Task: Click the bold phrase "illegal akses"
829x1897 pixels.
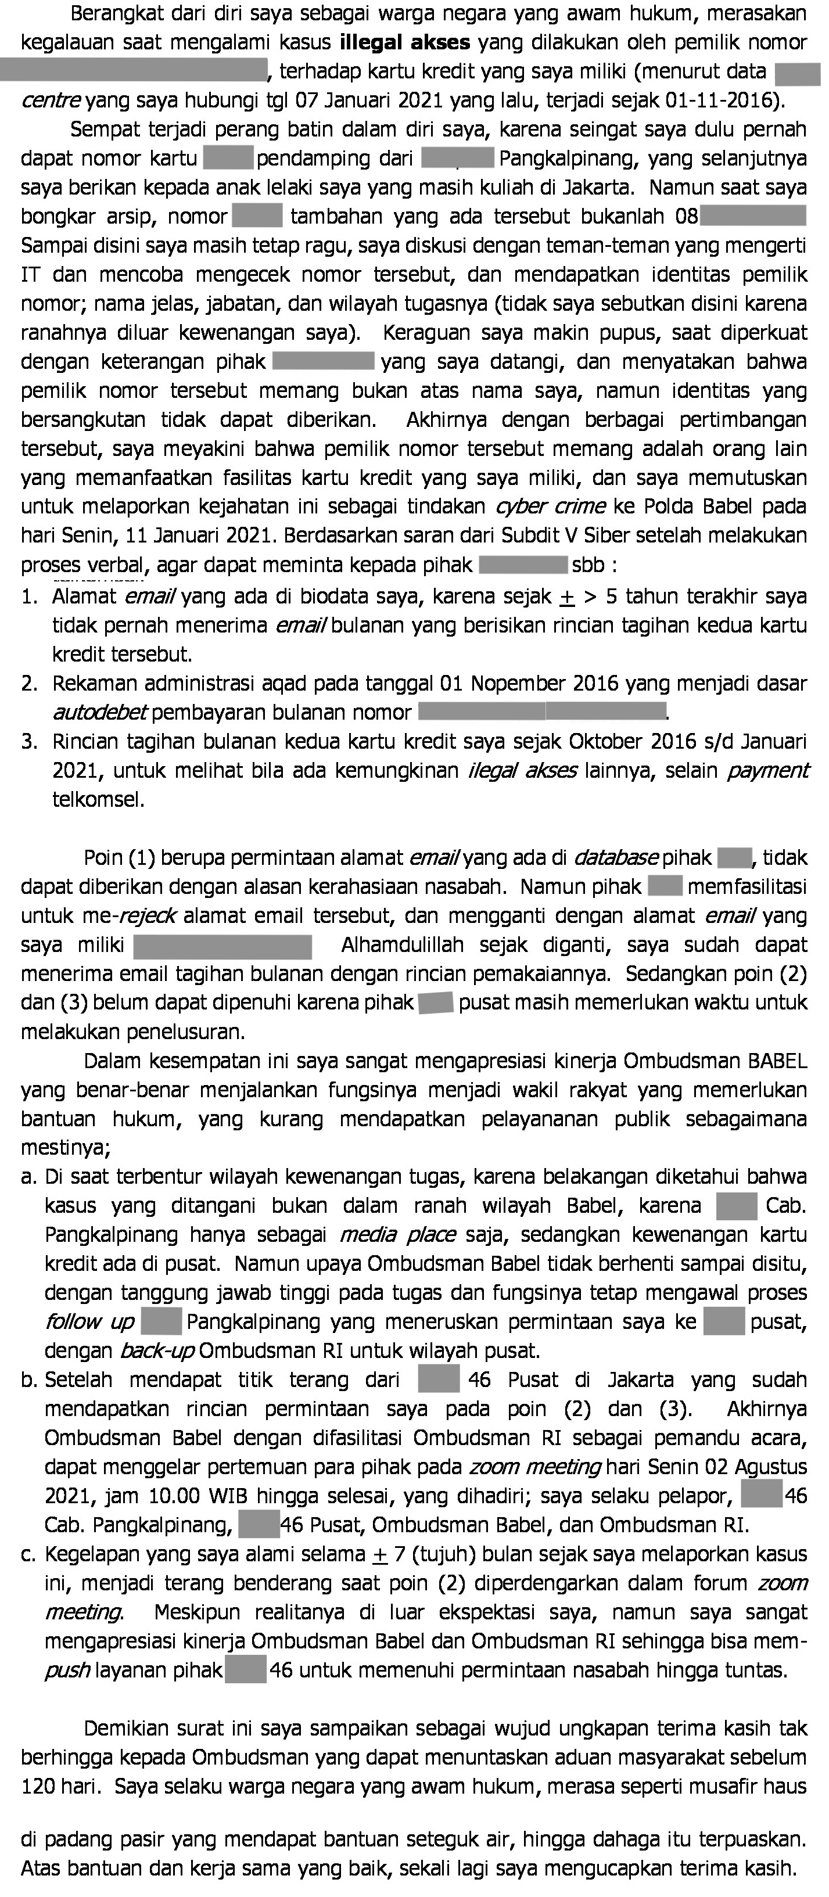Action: click(x=405, y=43)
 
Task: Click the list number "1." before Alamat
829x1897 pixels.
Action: click(x=30, y=597)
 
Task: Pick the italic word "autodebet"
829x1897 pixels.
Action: click(x=100, y=713)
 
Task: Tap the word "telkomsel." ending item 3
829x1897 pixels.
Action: click(x=99, y=800)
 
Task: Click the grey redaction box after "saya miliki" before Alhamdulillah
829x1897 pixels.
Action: click(x=222, y=946)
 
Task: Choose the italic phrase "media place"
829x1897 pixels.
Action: click(x=397, y=1234)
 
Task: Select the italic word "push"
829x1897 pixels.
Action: click(x=68, y=1649)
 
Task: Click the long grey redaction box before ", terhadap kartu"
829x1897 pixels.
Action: click(x=132, y=71)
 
